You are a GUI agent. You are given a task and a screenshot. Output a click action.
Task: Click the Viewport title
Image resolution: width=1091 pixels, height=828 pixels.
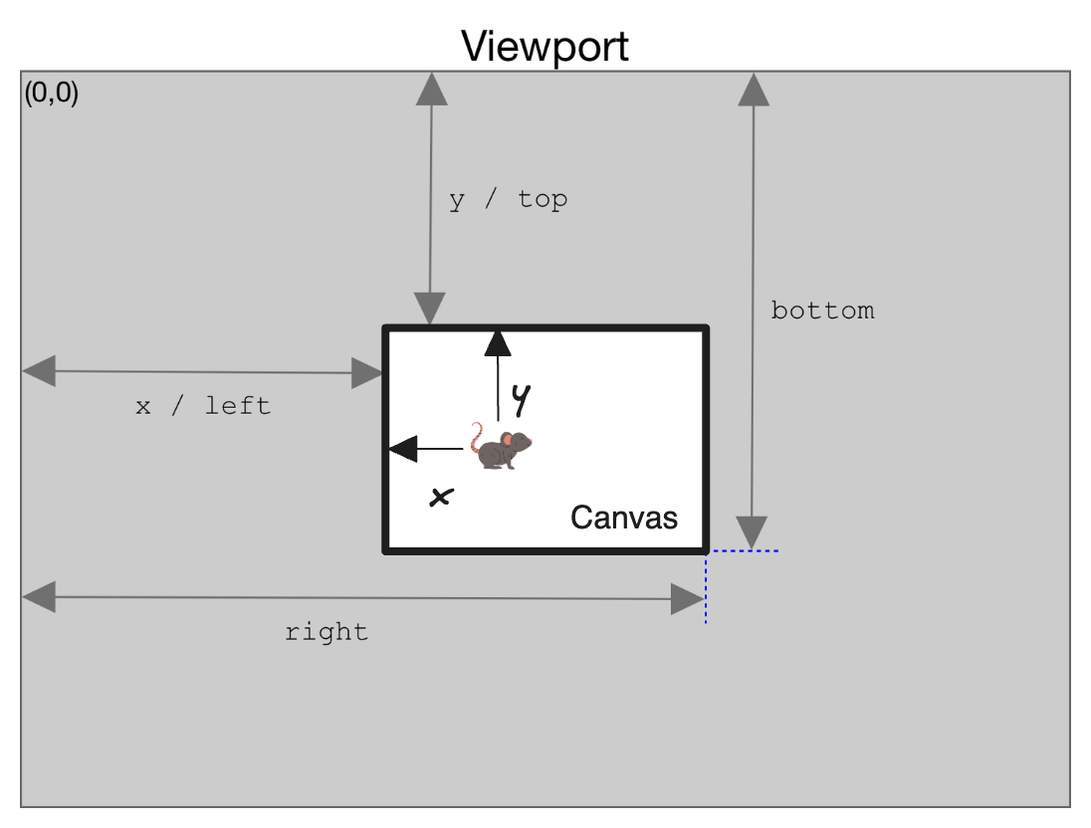[545, 46]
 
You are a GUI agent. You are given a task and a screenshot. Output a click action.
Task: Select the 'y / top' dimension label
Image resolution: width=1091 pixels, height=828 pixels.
[508, 199]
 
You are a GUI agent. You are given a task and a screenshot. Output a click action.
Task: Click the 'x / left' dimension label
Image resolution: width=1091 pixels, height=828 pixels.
[203, 406]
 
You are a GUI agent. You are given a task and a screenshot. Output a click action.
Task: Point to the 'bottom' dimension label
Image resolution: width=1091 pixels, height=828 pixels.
[822, 310]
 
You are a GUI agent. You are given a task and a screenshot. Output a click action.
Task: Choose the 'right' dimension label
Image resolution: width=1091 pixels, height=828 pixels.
[327, 632]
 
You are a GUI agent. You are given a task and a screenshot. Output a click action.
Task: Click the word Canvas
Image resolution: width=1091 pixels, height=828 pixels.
[623, 517]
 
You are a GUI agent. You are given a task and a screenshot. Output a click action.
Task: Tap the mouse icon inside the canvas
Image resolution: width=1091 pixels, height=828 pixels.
[503, 449]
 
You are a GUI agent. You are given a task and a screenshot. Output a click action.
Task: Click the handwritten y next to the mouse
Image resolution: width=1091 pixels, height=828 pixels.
[520, 399]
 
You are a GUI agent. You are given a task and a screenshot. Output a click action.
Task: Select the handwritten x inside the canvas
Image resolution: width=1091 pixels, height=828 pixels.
[439, 497]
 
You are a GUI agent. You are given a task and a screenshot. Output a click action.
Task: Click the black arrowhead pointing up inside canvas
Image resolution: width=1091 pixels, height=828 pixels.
[497, 344]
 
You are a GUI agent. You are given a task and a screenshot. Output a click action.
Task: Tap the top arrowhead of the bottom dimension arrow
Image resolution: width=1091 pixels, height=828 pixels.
[754, 90]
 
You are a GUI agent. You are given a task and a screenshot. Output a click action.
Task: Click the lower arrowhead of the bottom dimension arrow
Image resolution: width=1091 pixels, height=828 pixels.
[753, 532]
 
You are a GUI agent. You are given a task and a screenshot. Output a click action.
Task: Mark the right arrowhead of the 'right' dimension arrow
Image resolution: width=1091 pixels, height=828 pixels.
[688, 599]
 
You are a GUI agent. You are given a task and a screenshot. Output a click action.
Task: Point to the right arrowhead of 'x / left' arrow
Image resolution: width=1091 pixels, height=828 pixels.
[367, 374]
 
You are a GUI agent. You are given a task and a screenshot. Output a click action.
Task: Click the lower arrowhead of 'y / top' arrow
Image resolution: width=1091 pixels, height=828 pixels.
[430, 309]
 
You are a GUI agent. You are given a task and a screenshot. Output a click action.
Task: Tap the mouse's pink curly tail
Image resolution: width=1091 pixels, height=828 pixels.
[477, 438]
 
